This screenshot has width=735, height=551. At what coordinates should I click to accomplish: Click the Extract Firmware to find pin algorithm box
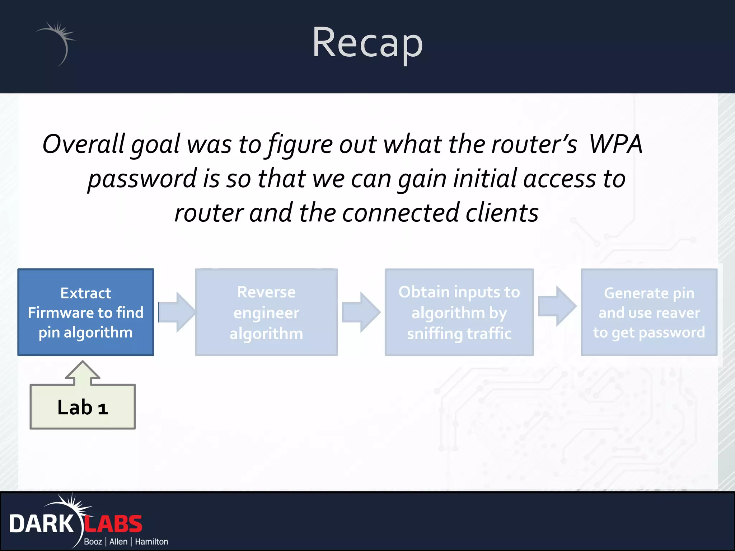tap(86, 312)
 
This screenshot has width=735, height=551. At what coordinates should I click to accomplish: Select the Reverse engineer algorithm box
tap(266, 312)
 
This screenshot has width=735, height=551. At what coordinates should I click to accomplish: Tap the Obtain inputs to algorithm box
tap(459, 312)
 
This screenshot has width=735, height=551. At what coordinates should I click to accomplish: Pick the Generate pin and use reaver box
tap(649, 312)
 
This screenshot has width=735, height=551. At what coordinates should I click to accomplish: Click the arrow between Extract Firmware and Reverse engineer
tap(177, 312)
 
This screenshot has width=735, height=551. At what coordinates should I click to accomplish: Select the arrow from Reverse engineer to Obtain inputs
tap(361, 312)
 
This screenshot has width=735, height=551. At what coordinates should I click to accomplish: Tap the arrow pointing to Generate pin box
tap(557, 306)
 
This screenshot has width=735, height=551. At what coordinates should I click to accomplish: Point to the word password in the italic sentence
tap(142, 179)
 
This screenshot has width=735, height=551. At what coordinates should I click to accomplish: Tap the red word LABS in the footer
tap(114, 524)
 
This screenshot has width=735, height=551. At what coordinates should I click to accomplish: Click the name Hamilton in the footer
tap(151, 542)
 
